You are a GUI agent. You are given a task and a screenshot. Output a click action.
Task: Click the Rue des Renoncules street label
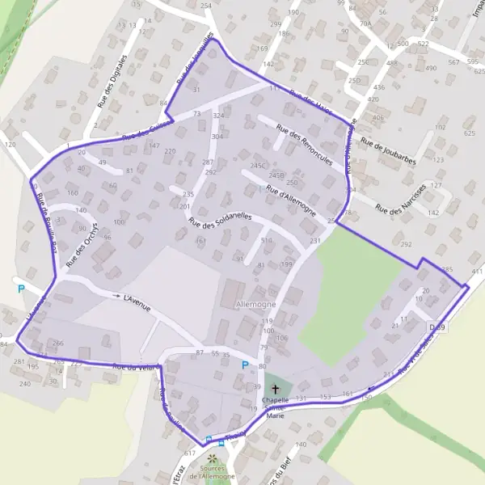(x=304, y=145)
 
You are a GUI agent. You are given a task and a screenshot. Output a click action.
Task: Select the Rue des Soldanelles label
(x=220, y=219)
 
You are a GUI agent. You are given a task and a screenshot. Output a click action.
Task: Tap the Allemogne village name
(x=255, y=304)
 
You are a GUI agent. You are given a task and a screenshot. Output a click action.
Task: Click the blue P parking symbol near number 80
(x=244, y=365)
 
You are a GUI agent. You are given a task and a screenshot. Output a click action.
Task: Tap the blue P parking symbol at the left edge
(x=21, y=289)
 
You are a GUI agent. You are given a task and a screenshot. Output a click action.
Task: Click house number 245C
(x=259, y=166)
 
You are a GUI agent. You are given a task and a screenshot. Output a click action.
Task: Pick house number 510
(x=266, y=240)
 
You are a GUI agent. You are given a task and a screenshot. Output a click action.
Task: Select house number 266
(x=57, y=344)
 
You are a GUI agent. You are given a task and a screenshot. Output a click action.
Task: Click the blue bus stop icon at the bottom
(x=209, y=440)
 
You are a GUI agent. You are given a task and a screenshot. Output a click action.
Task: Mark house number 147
(x=154, y=145)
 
